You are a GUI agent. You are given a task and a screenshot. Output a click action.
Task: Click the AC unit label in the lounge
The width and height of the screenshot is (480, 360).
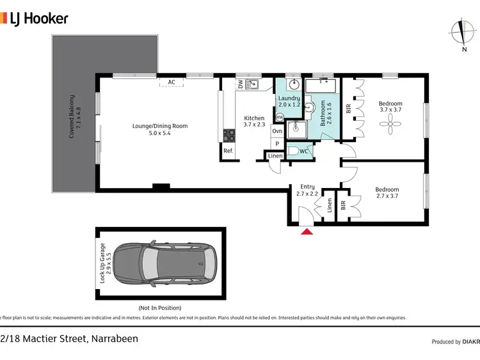point(171,82)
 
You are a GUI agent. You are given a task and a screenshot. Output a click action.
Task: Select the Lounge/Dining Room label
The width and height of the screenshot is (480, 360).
point(160,130)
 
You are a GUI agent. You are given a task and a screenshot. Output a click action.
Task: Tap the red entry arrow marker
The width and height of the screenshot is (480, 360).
point(307,231)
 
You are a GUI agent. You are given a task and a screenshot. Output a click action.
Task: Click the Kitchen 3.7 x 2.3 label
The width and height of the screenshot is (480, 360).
point(254,121)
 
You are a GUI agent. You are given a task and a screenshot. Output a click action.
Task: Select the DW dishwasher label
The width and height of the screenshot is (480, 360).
point(240,84)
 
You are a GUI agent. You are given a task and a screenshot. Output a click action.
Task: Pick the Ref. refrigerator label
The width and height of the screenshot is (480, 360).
point(228,151)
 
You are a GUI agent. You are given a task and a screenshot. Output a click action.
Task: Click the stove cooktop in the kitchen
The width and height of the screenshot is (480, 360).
point(228,134)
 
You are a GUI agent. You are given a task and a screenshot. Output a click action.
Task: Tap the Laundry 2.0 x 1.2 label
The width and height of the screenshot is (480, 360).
point(289,101)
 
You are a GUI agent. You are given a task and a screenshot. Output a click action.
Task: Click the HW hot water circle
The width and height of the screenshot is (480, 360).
point(279,117)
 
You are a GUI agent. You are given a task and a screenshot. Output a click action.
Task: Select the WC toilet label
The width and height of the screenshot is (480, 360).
point(304,152)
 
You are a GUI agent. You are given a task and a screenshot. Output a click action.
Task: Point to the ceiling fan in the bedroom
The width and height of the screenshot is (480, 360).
point(390,128)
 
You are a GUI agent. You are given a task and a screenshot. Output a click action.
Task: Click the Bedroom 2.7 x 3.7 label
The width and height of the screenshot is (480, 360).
point(387,193)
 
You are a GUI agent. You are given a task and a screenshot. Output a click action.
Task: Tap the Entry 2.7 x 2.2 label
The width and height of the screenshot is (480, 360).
point(307,190)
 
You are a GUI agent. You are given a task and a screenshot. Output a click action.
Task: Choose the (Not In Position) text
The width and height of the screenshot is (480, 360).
point(159,308)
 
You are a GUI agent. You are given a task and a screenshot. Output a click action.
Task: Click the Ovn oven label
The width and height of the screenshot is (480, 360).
point(277,131)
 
